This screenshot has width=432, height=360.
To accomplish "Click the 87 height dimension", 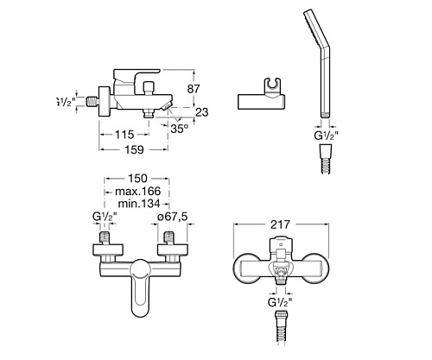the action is coord(194,89).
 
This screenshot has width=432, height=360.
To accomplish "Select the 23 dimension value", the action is coord(201,112).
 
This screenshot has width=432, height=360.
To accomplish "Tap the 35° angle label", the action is coord(179,129).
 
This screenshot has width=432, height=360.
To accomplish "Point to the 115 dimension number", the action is coord(124,135).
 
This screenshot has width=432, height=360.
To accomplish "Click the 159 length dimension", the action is coord(134,149).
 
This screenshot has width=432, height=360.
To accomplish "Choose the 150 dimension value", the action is coord(137,179).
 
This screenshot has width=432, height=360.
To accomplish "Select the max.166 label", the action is coord(137,191).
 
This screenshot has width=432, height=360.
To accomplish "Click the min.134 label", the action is coord(139,204).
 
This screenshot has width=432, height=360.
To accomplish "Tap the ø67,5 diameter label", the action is coord(172,217).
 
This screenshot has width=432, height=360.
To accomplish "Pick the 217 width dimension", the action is coord(281,224).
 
